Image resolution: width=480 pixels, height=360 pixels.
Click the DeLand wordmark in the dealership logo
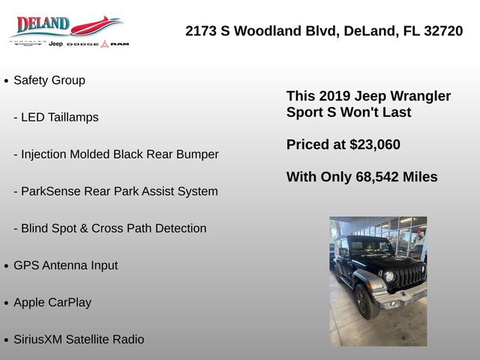pyautogui.click(x=43, y=24)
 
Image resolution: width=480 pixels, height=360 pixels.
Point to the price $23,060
pyautogui.click(x=375, y=145)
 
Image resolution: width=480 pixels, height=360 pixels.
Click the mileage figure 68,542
pyautogui.click(x=377, y=177)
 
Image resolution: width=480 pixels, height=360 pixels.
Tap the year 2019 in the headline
pyautogui.click(x=334, y=96)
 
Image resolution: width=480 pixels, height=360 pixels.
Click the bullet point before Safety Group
pyautogui.click(x=6, y=81)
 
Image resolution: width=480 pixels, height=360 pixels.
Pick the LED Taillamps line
pyautogui.click(x=56, y=117)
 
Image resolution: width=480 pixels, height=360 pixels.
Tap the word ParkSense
pyautogui.click(x=51, y=191)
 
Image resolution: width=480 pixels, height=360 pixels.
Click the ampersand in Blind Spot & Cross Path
pyautogui.click(x=84, y=228)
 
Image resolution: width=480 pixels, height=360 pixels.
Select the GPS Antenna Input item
pyautogui.click(x=66, y=265)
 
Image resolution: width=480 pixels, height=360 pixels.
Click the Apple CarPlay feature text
pyautogui.click(x=52, y=302)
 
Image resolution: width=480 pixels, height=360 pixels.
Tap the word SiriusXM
pyautogui.click(x=38, y=340)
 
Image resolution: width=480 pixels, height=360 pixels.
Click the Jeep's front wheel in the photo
pyautogui.click(x=366, y=301)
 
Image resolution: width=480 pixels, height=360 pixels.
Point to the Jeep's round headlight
pyautogui.click(x=389, y=277)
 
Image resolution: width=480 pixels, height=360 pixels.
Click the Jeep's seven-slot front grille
pyautogui.click(x=410, y=277)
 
